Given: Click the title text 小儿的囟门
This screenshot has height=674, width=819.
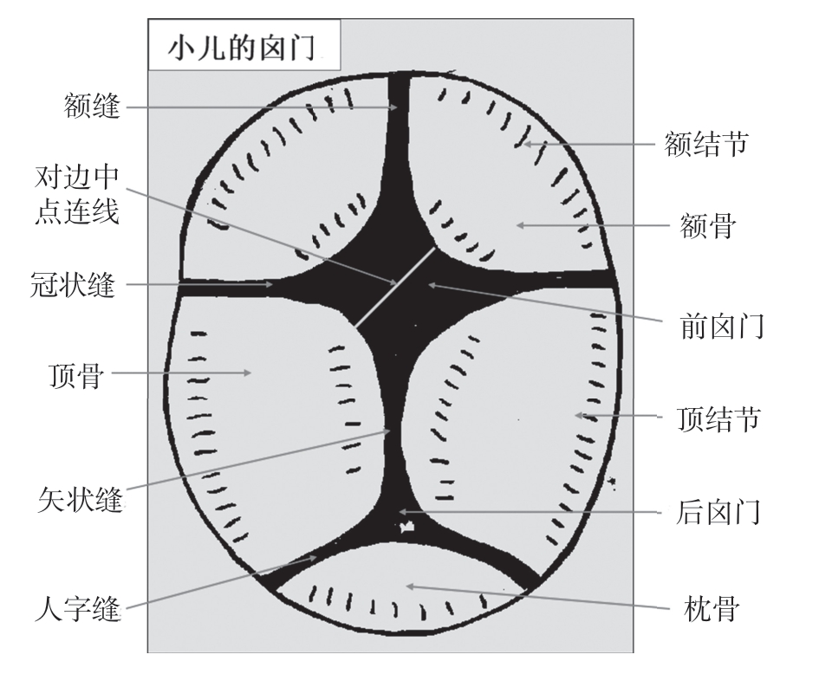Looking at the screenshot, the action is click(242, 49).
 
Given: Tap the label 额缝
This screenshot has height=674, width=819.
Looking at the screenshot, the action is click(92, 106).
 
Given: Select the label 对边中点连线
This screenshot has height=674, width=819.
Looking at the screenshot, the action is click(77, 194).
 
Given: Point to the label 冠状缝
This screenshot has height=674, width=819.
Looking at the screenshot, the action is click(73, 284).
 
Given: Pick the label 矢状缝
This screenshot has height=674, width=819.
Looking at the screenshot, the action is click(80, 499).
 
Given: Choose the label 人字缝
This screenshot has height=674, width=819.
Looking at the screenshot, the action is click(77, 607).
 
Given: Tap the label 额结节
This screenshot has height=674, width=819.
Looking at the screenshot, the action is click(706, 144).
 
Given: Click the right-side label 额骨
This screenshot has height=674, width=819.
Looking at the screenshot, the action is click(708, 225).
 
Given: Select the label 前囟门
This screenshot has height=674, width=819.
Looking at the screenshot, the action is click(722, 326).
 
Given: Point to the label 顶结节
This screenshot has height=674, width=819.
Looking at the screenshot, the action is click(718, 418).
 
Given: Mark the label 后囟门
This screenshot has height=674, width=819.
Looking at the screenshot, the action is click(718, 512).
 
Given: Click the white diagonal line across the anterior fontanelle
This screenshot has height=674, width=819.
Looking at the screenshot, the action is click(395, 287).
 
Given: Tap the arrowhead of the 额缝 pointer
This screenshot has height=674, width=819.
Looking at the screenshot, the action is click(394, 107).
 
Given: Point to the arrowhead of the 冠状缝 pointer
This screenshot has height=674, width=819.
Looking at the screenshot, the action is click(269, 284).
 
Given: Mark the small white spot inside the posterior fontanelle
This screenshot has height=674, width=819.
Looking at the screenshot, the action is click(406, 526).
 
